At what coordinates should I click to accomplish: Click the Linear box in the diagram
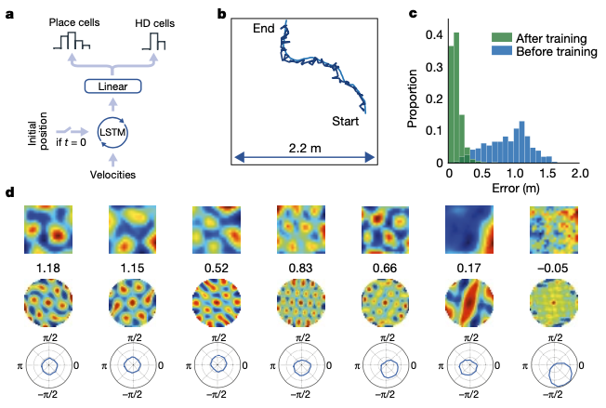(112, 86)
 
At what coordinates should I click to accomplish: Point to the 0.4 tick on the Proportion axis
(431, 35)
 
